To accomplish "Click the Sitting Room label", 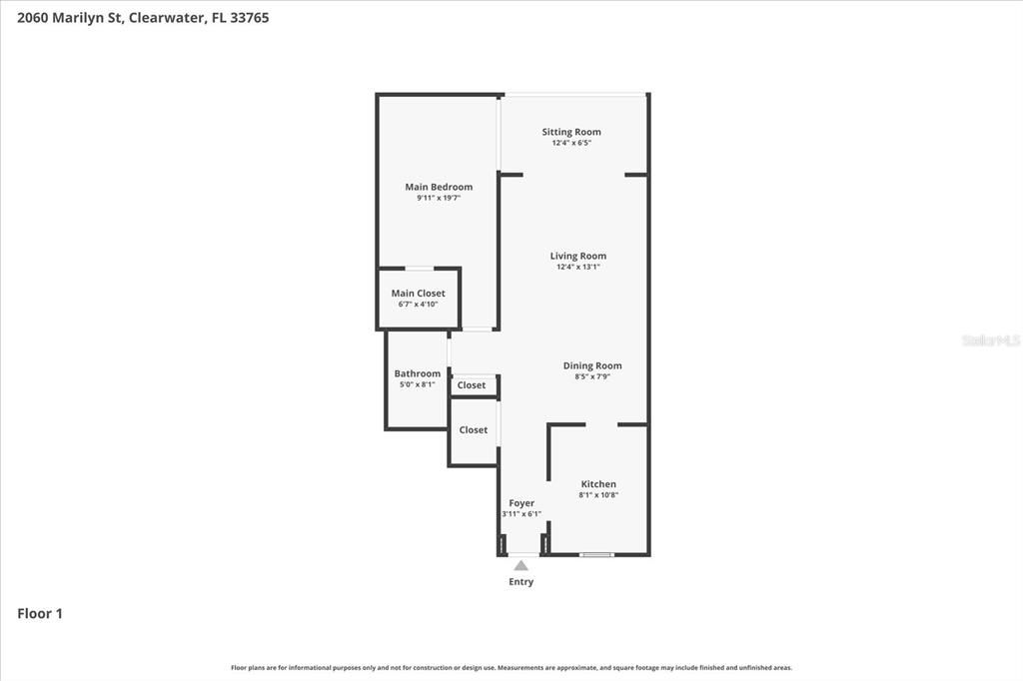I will (571, 132).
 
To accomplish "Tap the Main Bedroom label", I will (439, 187).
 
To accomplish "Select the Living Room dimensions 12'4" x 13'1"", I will (577, 267).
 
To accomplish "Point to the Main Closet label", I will (418, 294).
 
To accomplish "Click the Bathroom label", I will (417, 373).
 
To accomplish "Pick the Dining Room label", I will (592, 365).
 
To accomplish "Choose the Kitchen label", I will (598, 484).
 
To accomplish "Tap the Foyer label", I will (521, 503).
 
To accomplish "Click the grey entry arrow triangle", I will (520, 565).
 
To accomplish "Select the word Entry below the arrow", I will (520, 582).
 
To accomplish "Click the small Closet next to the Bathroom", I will (472, 385).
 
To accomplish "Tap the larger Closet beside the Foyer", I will (474, 430).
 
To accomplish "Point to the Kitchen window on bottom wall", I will (596, 554).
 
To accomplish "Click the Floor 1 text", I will (40, 614).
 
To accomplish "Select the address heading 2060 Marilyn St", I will (143, 17).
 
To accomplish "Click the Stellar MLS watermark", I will (990, 340).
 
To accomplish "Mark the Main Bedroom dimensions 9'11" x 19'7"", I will (439, 198).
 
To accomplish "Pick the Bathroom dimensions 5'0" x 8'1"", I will (417, 384).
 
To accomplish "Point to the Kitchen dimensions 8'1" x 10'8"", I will (598, 495).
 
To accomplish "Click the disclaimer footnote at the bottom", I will (511, 668).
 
